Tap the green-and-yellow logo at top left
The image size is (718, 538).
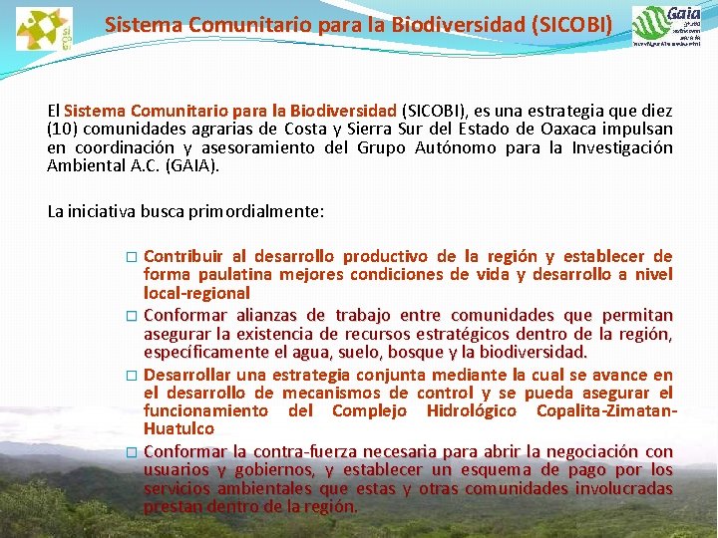[x=44, y=28]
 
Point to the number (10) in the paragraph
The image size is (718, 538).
[x=64, y=129]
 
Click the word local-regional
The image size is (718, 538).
[x=196, y=293]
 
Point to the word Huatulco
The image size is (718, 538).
[x=179, y=428]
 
